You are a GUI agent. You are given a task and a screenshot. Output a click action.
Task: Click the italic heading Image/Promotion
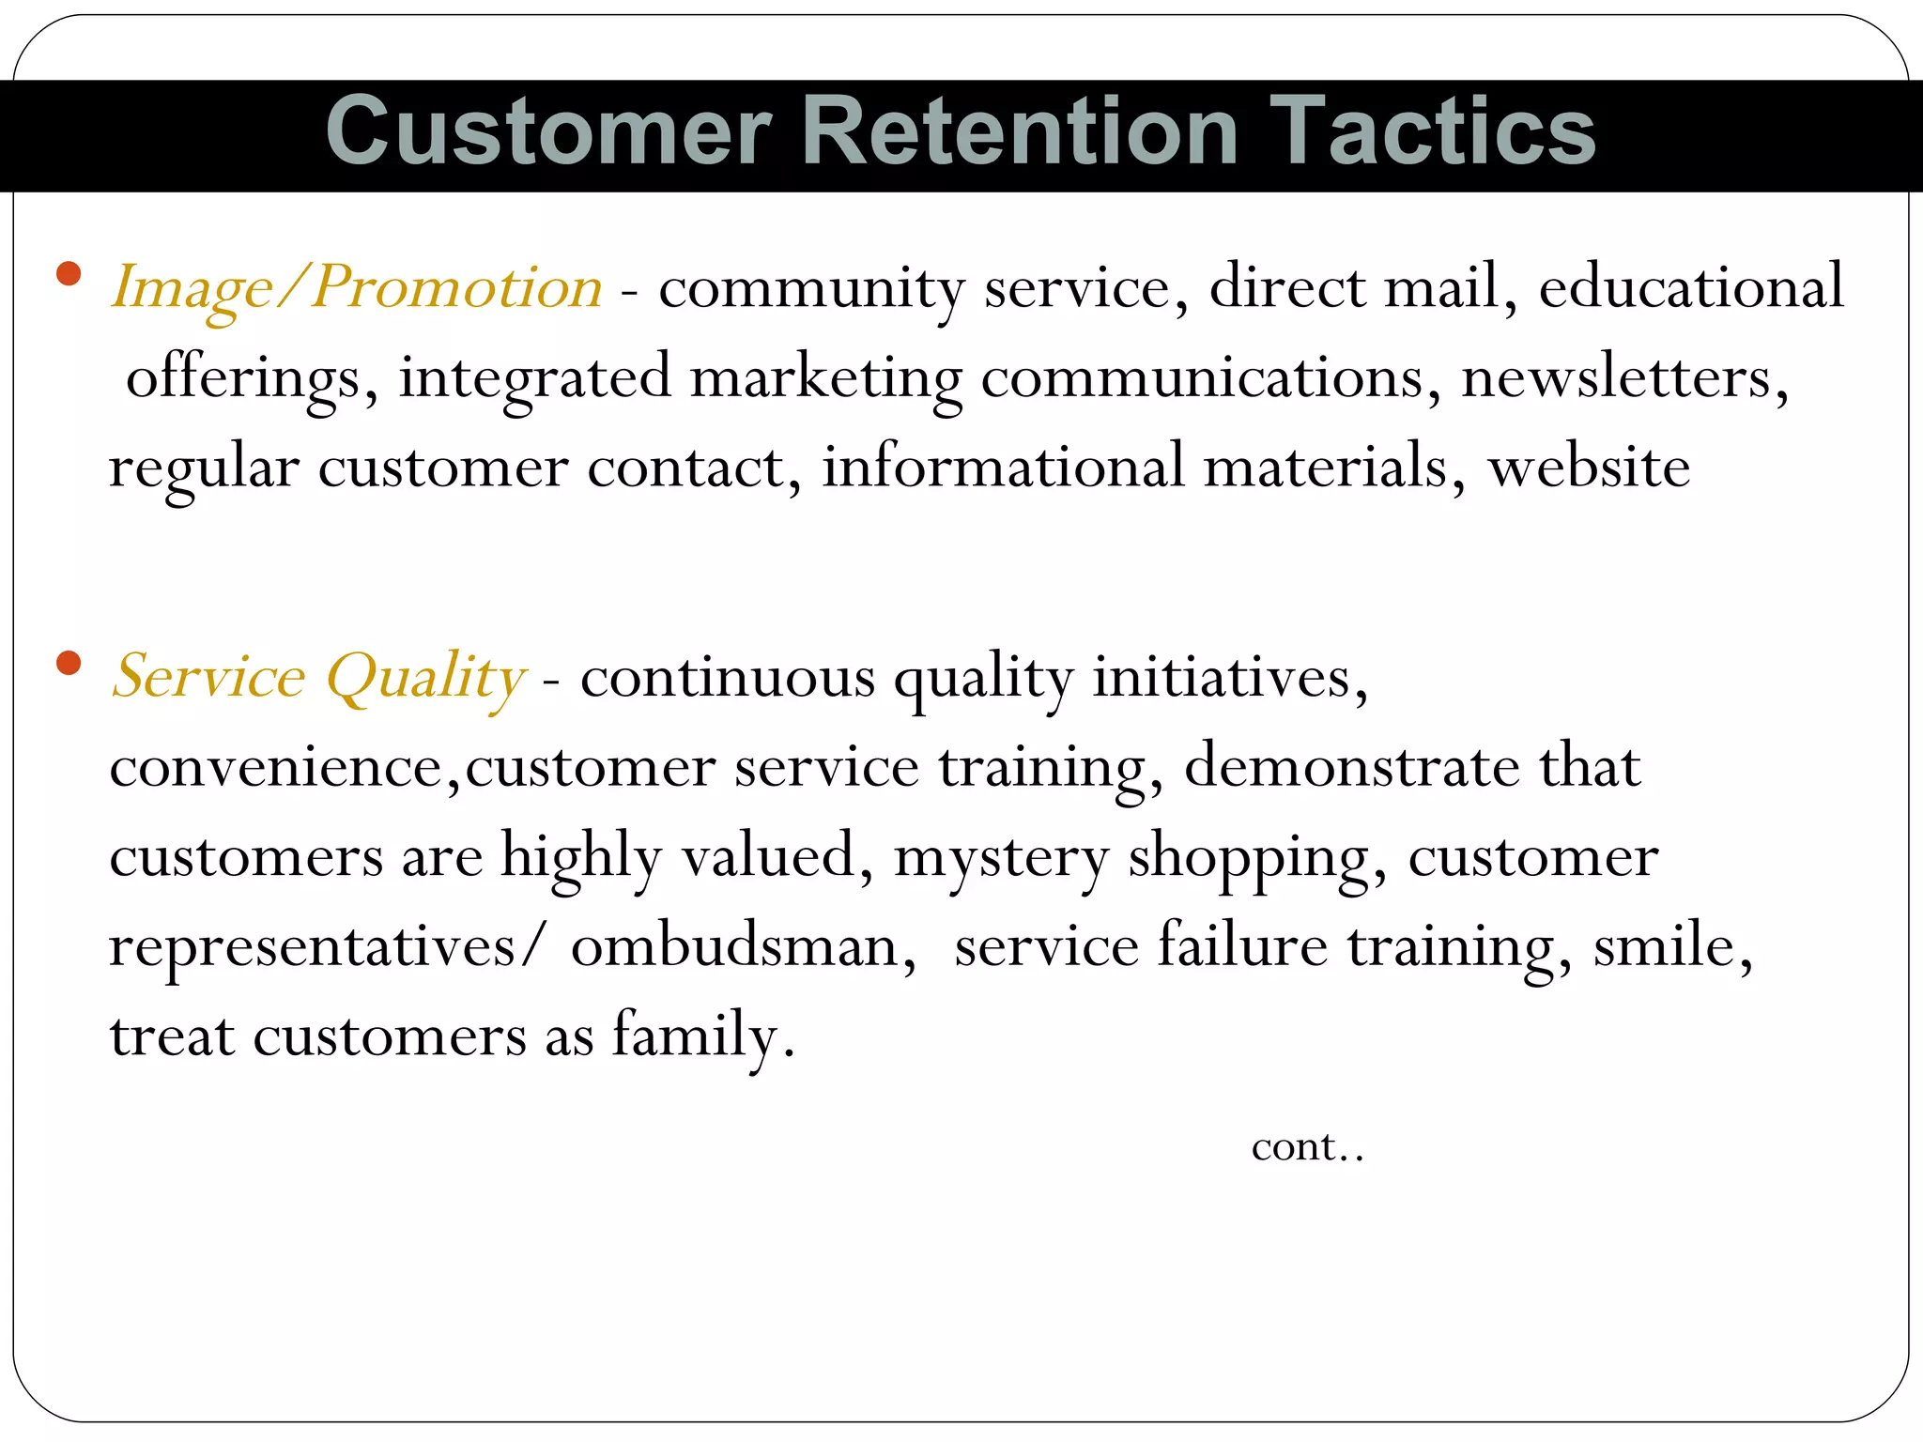pyautogui.click(x=357, y=287)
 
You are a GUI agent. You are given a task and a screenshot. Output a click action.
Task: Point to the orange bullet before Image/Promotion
pyautogui.click(x=69, y=274)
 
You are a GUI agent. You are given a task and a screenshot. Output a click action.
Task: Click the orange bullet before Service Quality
pyautogui.click(x=69, y=664)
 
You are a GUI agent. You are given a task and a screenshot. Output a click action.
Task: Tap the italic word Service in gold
pyautogui.click(x=208, y=676)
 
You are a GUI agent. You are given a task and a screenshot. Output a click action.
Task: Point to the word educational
pyautogui.click(x=1690, y=287)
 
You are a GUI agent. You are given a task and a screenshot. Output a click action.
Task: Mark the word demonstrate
pyautogui.click(x=1350, y=768)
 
